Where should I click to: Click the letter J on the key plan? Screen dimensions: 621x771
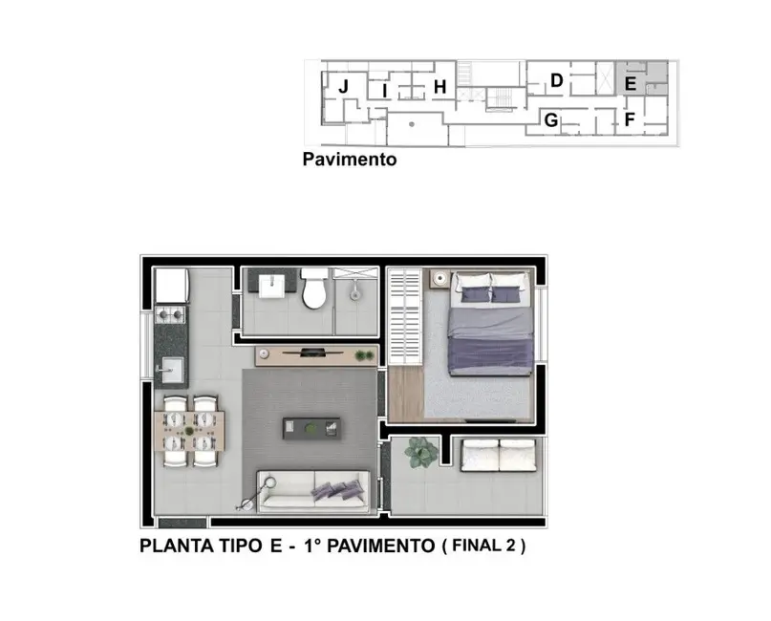(342, 87)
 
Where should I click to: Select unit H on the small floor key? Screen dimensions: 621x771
(440, 88)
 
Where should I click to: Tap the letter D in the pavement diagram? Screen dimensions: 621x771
(556, 81)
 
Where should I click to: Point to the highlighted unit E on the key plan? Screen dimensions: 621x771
(630, 84)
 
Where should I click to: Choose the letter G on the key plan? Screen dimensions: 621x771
(550, 120)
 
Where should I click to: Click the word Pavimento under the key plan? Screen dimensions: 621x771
(350, 160)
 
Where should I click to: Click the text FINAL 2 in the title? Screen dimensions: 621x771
(485, 547)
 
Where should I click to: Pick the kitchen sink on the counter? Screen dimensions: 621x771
(173, 367)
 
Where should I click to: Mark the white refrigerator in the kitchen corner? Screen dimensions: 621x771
(171, 284)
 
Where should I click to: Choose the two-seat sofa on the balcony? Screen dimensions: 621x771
(497, 456)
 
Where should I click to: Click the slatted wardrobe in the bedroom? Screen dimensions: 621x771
(404, 316)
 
